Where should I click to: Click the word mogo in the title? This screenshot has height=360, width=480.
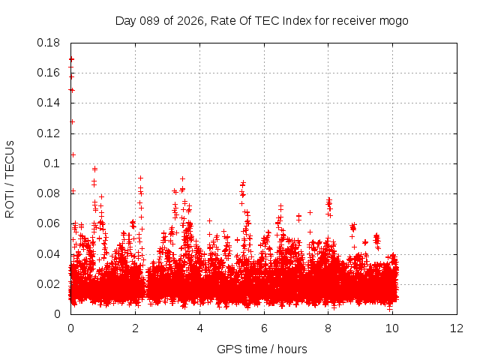pos(395,21)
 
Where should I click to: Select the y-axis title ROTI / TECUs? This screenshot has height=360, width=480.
pos(10,178)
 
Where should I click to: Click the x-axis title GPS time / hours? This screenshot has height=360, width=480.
pos(262,349)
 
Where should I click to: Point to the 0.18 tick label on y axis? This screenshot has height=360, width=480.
pos(49,43)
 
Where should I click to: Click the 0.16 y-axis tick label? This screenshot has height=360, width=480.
pos(49,73)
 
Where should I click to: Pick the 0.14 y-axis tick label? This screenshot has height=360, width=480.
pos(49,103)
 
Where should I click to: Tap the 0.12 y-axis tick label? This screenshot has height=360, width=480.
pos(49,133)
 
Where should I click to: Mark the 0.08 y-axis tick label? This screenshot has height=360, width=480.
pos(49,193)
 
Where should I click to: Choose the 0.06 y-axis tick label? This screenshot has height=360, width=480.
pos(49,223)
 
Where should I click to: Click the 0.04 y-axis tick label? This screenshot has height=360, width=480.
pos(49,253)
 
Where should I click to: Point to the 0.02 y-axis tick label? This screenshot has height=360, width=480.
pos(49,284)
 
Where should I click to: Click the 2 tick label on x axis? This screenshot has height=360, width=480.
pos(135,328)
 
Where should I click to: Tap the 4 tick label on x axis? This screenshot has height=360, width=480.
pos(199,328)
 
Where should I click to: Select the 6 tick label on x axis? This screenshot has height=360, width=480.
pos(264,328)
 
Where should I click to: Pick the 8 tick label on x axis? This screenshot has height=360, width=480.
pos(328,328)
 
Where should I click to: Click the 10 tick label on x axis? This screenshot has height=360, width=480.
pos(393,328)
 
